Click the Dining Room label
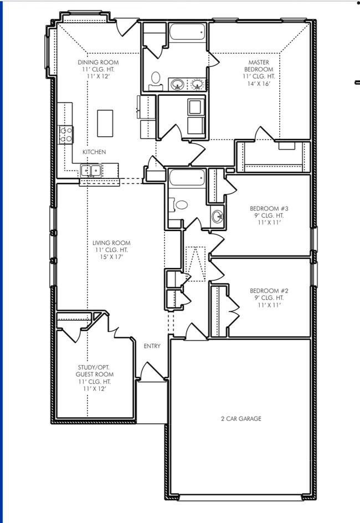coord(98,63)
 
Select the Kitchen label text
coord(94,152)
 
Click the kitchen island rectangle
coord(105,123)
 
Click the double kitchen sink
coord(90,171)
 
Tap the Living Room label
coord(111,243)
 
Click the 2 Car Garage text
coord(241,419)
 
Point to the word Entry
coord(152,346)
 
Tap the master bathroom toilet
coord(156,78)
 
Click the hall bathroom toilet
coord(181,205)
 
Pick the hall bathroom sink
coord(217,216)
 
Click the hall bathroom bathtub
coord(187,178)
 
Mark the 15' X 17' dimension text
coord(111,257)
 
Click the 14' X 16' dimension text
coord(259,84)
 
